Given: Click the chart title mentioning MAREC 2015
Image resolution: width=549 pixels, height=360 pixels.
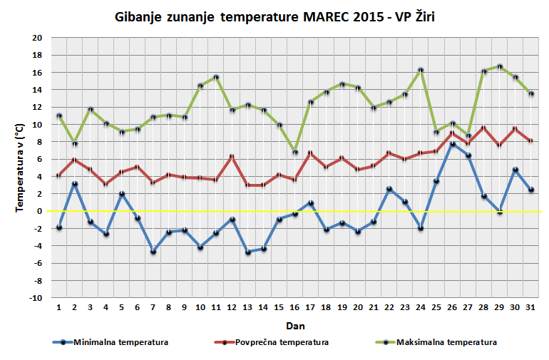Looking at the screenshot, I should (x=274, y=16).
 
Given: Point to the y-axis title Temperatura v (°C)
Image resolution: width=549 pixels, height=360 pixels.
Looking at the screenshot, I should (x=20, y=168).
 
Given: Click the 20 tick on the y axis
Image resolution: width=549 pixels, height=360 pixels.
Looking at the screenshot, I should (x=37, y=38).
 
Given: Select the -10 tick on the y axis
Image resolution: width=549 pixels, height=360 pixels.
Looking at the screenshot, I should (x=36, y=298).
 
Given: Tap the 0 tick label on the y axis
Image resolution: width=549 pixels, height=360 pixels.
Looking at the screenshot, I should (x=40, y=211).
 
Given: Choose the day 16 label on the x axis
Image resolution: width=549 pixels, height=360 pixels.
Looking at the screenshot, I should (x=294, y=308).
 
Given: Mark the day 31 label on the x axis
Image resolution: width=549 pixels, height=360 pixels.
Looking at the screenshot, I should (x=530, y=308).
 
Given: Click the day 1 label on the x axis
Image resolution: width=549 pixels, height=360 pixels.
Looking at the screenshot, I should (x=59, y=308).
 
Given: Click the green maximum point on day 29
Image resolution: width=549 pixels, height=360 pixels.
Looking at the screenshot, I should (x=499, y=66).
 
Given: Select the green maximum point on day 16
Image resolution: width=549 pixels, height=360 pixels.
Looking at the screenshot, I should (x=294, y=152).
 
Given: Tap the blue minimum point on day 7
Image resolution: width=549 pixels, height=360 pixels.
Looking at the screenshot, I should (x=153, y=252).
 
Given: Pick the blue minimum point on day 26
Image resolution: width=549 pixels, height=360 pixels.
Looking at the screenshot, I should (x=452, y=144).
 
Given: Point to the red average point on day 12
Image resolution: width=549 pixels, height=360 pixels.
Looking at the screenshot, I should (x=232, y=156).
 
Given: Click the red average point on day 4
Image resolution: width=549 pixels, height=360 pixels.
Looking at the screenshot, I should (x=106, y=184).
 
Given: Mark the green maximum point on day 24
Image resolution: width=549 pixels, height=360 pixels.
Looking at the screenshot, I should (x=421, y=70).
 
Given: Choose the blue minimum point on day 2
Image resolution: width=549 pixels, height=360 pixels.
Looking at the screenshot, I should (x=75, y=184).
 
